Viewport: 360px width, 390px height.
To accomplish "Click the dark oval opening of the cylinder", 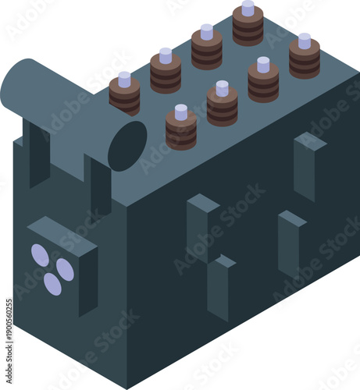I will point(127,145).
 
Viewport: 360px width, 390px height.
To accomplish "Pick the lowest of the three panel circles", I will point(52,285).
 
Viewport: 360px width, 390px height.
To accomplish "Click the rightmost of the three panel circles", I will point(66,270).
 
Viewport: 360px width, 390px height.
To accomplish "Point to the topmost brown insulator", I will point(248,26).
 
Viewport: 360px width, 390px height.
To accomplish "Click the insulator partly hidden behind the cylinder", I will point(124,94).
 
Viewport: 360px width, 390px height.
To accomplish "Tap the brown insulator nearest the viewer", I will point(181,129).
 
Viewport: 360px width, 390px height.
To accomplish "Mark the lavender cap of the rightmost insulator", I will point(304,41).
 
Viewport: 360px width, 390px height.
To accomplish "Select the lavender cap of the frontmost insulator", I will point(181,112).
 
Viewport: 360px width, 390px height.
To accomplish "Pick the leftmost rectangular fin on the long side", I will point(201,226).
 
